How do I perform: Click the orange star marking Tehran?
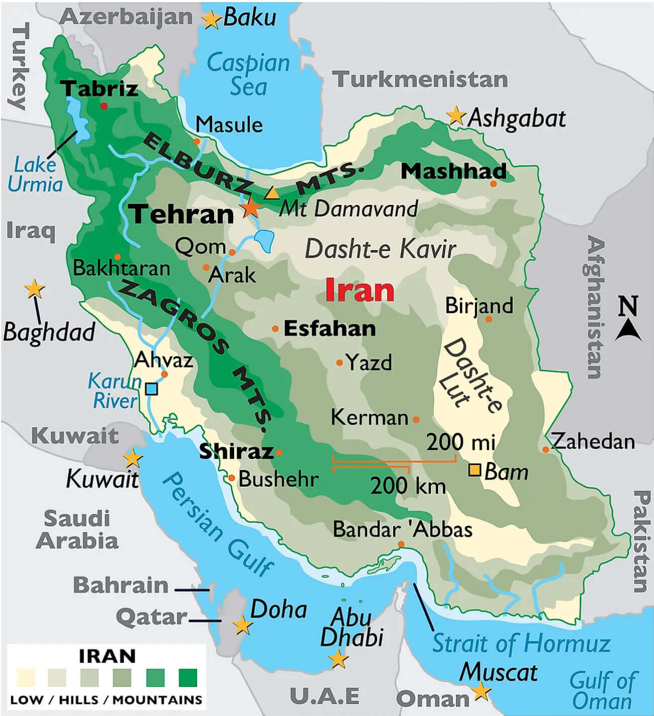tap(250, 207)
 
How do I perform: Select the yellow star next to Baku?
tap(211, 20)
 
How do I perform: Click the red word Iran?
tap(359, 290)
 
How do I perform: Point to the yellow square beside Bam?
tap(475, 470)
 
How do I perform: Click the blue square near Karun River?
tap(151, 389)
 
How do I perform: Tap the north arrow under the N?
tap(628, 331)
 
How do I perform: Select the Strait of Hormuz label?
tap(521, 643)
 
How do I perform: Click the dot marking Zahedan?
tap(545, 449)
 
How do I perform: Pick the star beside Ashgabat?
tap(456, 116)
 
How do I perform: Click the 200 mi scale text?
tap(460, 442)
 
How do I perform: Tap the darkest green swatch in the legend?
tap(188, 678)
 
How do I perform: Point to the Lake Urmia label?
tap(35, 174)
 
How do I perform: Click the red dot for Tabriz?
tap(104, 106)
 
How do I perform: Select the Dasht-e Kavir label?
tap(380, 249)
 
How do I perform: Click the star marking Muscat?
tap(481, 691)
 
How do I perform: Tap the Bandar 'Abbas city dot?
tap(401, 544)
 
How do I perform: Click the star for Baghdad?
tap(34, 289)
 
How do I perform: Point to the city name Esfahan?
tap(330, 329)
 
